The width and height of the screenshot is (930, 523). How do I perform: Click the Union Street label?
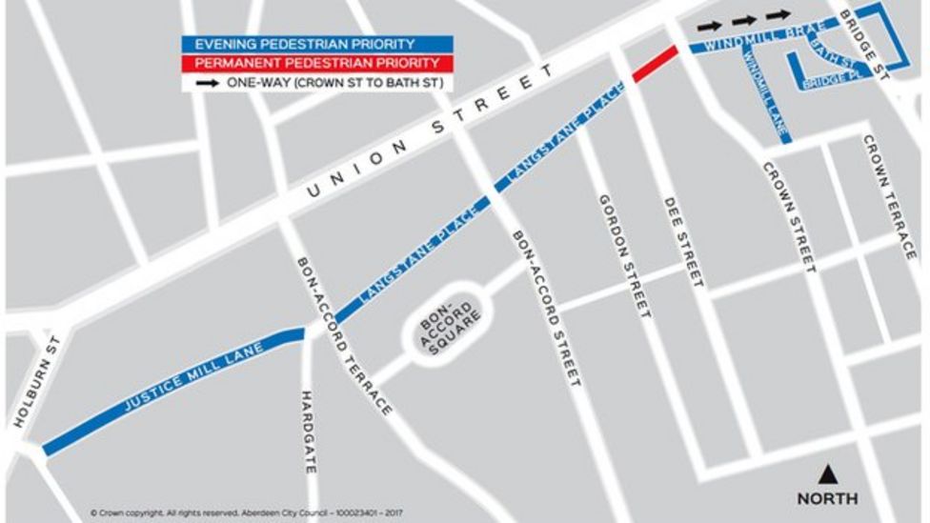click(x=430, y=133)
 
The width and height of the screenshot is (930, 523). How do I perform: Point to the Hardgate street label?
click(x=308, y=432)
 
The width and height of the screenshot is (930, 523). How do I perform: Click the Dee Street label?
click(x=684, y=242)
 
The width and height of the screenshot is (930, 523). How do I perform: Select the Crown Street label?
click(x=790, y=217)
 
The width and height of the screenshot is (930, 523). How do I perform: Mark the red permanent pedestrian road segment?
click(x=655, y=63)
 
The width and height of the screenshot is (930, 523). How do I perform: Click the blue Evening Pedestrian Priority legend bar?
click(x=318, y=45)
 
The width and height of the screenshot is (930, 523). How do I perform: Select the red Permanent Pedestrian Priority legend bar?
click(x=318, y=64)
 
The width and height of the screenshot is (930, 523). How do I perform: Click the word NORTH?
click(x=827, y=498)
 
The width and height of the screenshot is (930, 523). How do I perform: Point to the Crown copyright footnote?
click(x=247, y=513)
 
